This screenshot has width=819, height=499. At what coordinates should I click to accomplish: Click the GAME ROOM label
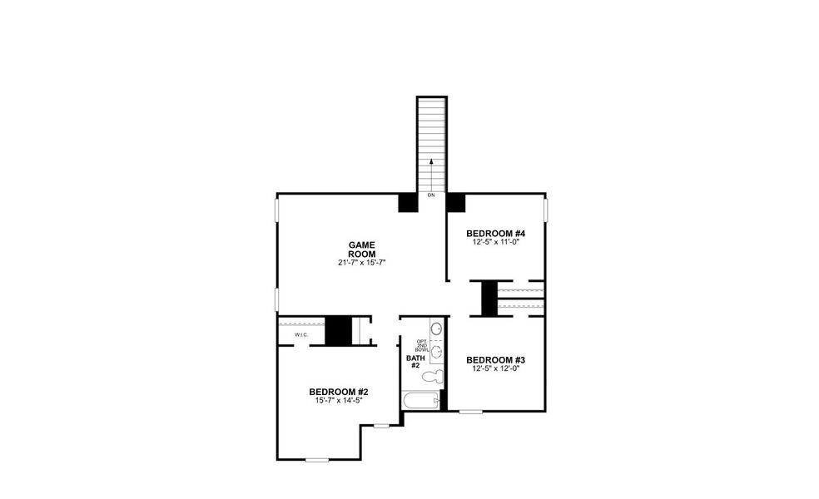[x=362, y=249]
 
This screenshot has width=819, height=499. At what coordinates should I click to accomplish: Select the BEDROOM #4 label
[x=495, y=233]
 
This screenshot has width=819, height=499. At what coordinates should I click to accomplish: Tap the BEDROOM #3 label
[x=495, y=360]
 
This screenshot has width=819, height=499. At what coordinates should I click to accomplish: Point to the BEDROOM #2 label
[x=338, y=392]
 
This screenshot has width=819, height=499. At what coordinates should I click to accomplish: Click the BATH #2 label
[x=414, y=362]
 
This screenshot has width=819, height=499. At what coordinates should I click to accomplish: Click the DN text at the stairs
[x=431, y=195]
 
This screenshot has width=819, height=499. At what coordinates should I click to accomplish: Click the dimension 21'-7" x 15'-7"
[x=362, y=262]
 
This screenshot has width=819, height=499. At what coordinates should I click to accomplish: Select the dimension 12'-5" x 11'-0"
[x=495, y=242]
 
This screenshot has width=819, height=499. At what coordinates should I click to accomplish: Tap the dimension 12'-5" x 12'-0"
[x=495, y=368]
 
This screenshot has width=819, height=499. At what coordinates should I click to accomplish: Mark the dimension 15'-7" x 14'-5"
[x=338, y=400]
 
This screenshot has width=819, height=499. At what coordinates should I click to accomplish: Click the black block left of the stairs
[x=408, y=203]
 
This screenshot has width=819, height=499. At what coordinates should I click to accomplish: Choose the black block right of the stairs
[x=455, y=203]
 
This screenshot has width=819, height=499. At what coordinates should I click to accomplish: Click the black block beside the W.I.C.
[x=338, y=330]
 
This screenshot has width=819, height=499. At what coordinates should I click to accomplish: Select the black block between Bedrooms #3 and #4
[x=489, y=299]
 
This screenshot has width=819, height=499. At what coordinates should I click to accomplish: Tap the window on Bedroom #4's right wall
[x=545, y=210]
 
